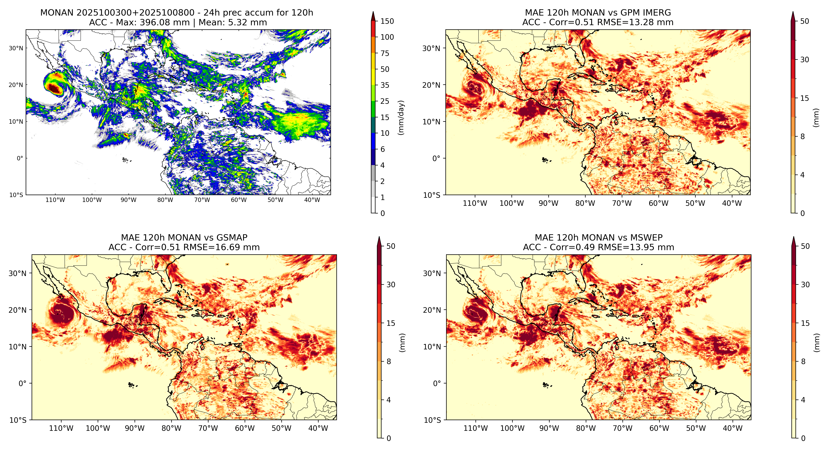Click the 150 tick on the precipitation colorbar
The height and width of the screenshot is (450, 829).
pos(387,21)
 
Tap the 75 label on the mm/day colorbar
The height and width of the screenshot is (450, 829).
pos(385,53)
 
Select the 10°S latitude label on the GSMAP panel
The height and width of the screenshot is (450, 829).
pos(18,420)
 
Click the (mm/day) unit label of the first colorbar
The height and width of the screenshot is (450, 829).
pos(401,117)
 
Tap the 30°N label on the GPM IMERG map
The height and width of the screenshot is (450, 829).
pos(431,48)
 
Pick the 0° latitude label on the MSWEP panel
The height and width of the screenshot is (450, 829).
pos(437,383)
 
